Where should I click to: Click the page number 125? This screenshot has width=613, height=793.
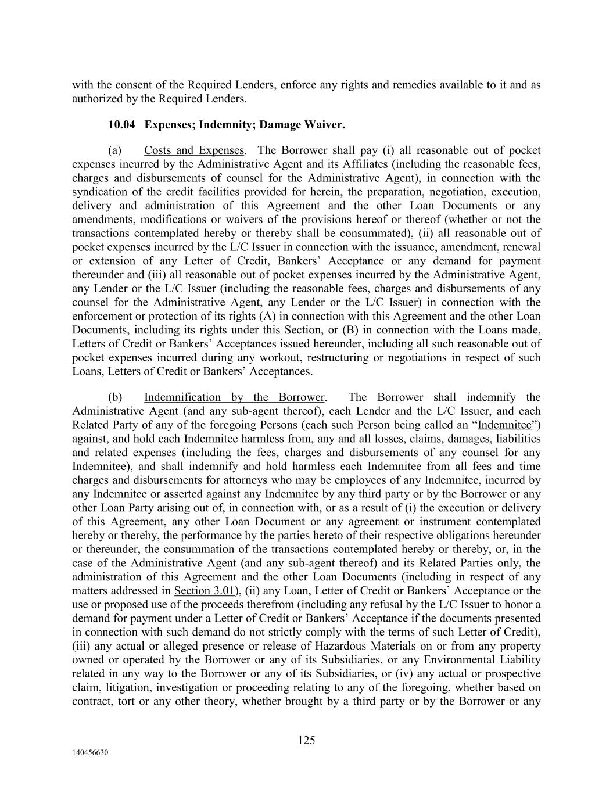pyautogui.click(x=306, y=740)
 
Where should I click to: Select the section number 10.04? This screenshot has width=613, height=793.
pyautogui.click(x=121, y=124)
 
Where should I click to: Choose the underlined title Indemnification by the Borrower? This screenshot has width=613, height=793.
pyautogui.click(x=234, y=397)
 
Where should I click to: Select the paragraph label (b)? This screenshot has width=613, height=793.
pyautogui.click(x=115, y=397)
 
